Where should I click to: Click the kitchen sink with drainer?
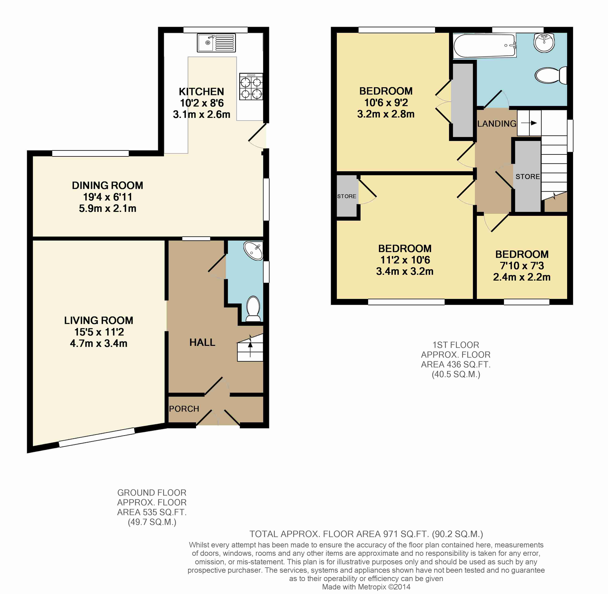pos(216,43)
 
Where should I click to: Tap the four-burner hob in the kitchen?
pos(251,86)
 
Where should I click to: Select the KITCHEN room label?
pos(201,91)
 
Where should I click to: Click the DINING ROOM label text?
pos(108,185)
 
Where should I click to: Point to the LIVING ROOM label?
pos(98,320)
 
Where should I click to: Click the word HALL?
pos(202,343)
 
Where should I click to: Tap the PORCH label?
pos(184,409)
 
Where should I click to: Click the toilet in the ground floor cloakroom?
pos(253,309)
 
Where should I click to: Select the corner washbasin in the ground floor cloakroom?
pos(253,251)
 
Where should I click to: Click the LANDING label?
pos(497,124)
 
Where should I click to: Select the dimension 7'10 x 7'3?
pos(522,266)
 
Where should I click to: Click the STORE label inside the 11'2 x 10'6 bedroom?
pos(347,196)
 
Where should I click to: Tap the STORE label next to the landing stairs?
pos(527,177)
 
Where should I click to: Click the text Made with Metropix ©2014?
pos(366,587)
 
